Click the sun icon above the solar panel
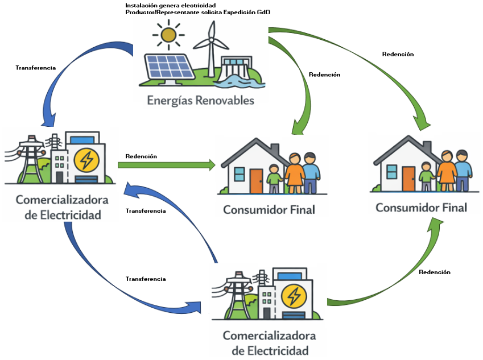coord(168,35)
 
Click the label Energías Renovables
coord(200,101)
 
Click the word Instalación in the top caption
coord(141,5)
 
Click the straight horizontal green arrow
coord(167,165)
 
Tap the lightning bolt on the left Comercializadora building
coord(86,161)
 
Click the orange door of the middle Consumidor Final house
coord(256,180)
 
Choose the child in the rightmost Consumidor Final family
coord(426,177)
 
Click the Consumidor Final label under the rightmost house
coord(421,208)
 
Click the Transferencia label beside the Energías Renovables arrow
coord(35,68)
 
